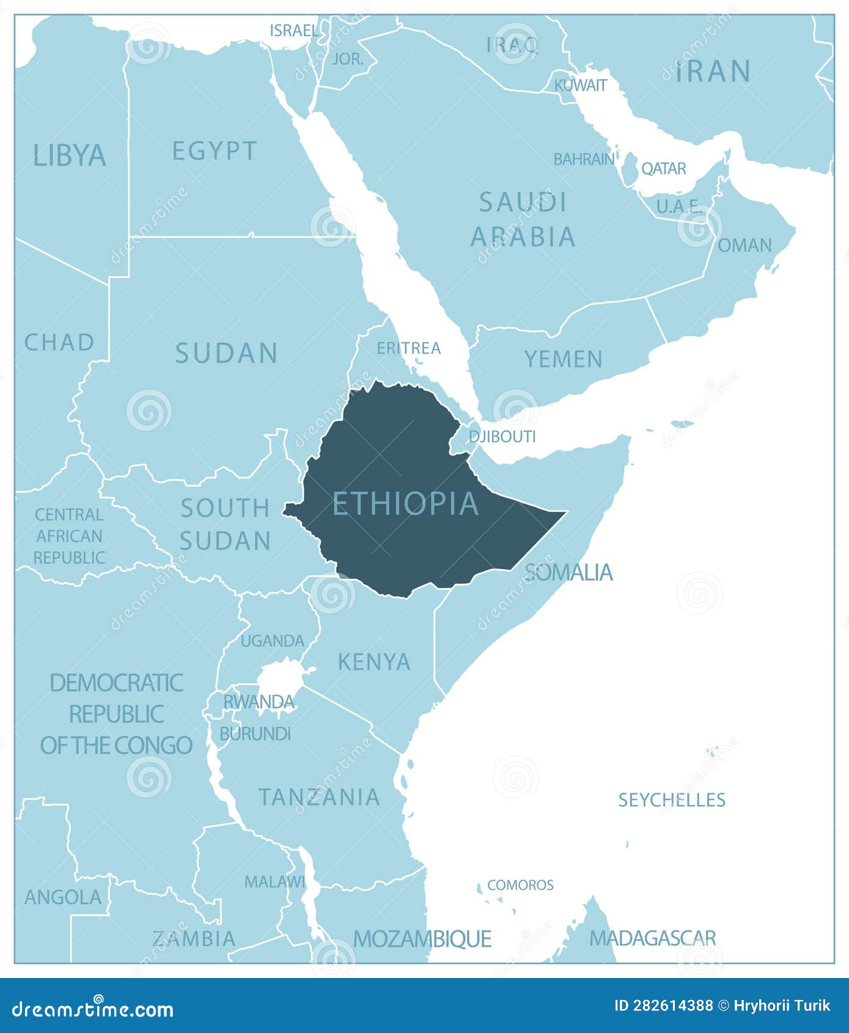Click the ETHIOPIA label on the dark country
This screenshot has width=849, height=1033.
(405, 504)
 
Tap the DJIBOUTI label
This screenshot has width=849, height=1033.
(502, 436)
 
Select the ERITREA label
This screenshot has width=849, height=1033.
(408, 348)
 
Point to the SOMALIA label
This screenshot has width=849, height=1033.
(568, 573)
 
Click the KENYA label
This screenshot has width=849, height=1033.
(373, 662)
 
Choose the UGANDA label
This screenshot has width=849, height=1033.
(272, 641)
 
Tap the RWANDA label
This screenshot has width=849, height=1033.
(259, 702)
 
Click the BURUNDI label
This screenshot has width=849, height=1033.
(255, 733)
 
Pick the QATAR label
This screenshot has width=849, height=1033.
(663, 169)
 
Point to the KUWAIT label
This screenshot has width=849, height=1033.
(581, 86)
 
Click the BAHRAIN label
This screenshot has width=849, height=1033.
(584, 160)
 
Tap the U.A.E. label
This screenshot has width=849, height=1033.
(679, 207)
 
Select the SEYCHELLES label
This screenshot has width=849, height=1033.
(672, 800)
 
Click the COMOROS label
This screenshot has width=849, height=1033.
(520, 885)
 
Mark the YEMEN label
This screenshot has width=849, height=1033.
(564, 359)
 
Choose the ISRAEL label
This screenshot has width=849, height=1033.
(294, 31)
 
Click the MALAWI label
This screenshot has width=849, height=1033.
(274, 882)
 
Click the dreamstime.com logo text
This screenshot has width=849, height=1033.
(93, 1009)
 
